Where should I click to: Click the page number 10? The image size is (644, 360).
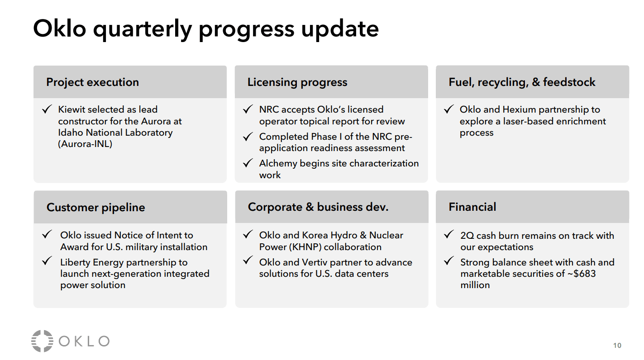tap(617, 346)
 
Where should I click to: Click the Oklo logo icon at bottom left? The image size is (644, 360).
tap(42, 341)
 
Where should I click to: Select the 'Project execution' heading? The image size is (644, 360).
tap(92, 82)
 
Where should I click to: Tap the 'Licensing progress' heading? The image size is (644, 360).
tap(297, 82)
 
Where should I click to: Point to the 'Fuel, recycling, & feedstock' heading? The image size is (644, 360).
tap(522, 82)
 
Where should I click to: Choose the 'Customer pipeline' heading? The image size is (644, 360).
tap(95, 208)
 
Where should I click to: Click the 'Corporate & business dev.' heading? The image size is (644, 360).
tap(318, 207)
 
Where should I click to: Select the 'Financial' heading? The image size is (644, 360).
tap(472, 207)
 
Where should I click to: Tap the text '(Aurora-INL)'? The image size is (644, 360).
tap(85, 144)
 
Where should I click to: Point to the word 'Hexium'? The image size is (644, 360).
tap(520, 109)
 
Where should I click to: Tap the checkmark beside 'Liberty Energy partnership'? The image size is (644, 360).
tap(47, 261)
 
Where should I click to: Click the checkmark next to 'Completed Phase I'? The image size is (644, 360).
tap(248, 137)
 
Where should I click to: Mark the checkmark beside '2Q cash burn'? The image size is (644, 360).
tap(448, 235)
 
